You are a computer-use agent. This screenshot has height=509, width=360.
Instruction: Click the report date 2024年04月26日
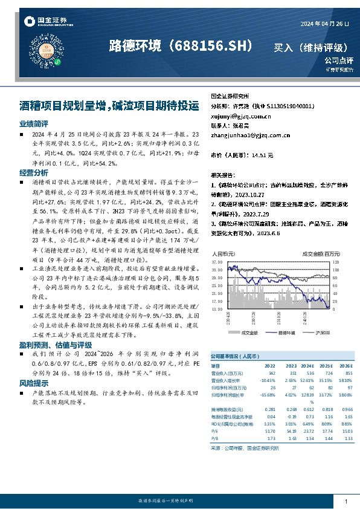coord(324,24)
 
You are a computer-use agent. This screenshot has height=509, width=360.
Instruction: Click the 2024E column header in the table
coord(309,366)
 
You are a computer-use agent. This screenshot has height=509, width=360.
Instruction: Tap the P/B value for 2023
coord(292,439)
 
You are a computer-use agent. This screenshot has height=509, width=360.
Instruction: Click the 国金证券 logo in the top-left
coord(45,22)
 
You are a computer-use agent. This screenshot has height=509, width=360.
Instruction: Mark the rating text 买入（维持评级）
coord(310,47)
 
